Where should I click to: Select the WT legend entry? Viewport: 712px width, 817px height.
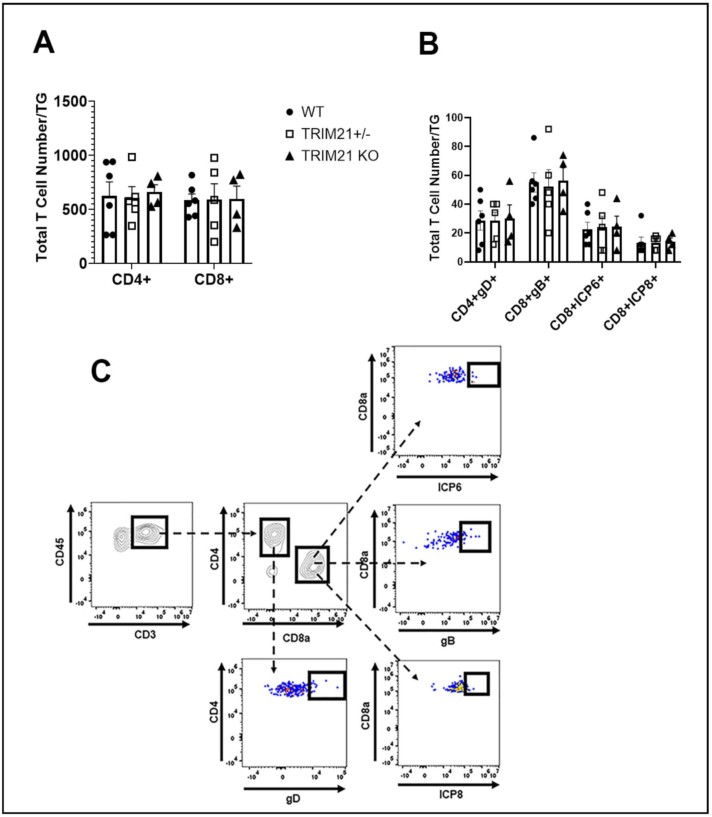(x=312, y=112)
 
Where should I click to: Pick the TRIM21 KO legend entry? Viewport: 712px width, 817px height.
(x=340, y=156)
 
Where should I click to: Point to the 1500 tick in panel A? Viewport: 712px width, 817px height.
(x=71, y=102)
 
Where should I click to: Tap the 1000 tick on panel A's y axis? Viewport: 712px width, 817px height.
(x=71, y=155)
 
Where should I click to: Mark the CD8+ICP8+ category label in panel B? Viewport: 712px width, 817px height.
(x=631, y=302)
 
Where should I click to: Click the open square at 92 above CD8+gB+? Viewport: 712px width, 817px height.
(x=549, y=129)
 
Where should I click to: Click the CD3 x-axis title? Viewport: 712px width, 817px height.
(x=145, y=635)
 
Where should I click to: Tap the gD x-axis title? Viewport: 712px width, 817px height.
(x=293, y=799)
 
